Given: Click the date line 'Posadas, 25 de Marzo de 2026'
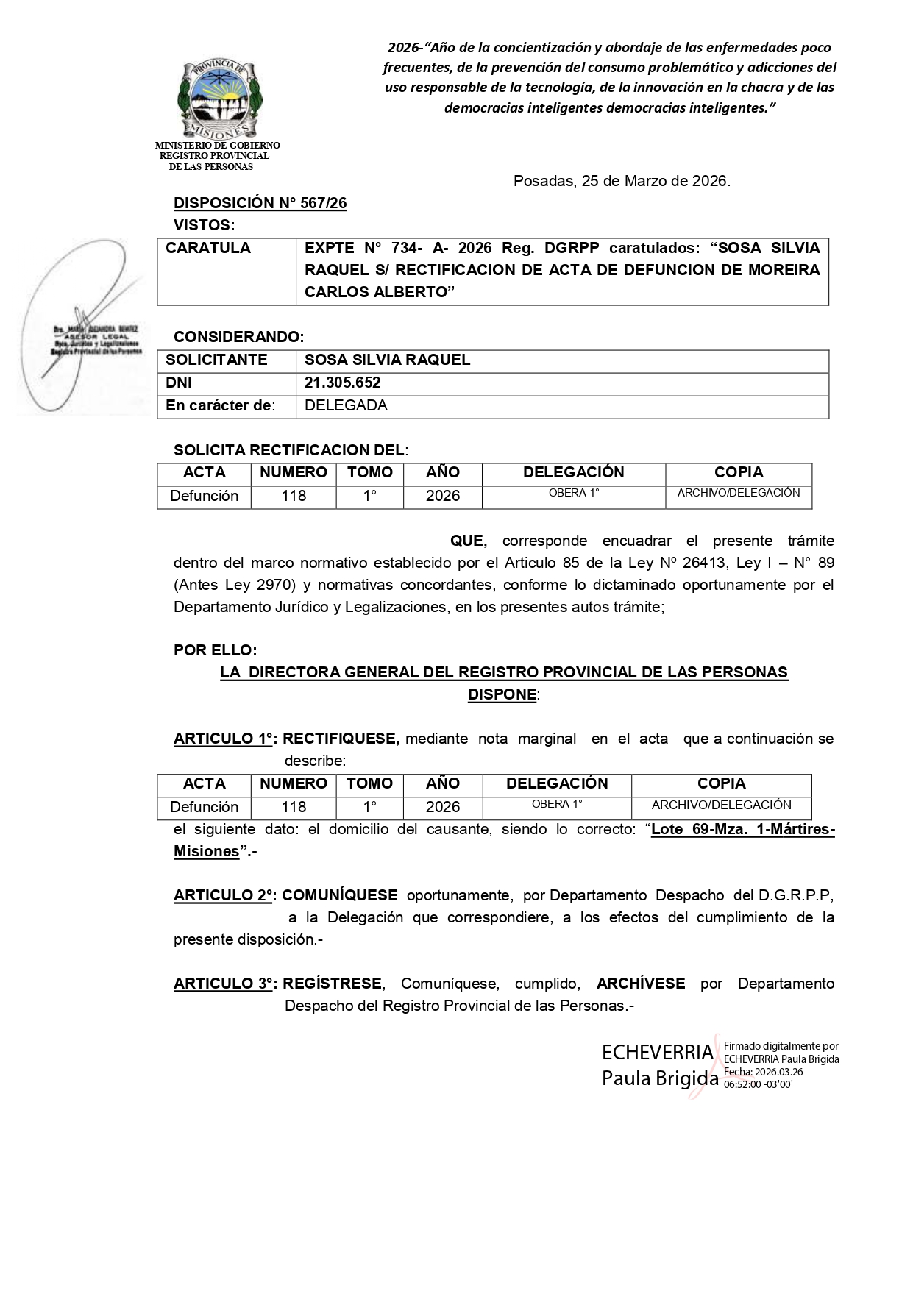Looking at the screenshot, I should (622, 181).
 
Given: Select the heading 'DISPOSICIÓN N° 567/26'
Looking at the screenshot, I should (260, 204).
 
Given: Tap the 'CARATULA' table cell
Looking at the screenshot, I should (208, 248).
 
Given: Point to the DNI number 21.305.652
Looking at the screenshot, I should (343, 383).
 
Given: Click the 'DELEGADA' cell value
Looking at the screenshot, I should (346, 405).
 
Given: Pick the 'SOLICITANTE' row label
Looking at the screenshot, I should (216, 360).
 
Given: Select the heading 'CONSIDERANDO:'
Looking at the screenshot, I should (238, 337).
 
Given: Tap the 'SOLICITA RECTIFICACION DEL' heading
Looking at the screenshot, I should (289, 450).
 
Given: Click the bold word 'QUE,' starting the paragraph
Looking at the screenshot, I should (469, 541).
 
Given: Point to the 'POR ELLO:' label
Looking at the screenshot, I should (216, 650).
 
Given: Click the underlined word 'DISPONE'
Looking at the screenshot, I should (502, 694).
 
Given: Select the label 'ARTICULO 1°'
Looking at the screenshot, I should (224, 739).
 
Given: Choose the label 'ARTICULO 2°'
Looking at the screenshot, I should (224, 895).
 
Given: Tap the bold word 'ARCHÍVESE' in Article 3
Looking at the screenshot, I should (641, 984).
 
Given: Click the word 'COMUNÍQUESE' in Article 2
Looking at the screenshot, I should (340, 895).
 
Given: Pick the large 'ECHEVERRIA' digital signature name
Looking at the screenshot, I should (657, 1052).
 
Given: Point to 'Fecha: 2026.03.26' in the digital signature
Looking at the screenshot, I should (763, 1072).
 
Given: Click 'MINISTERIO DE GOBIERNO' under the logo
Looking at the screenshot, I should (217, 146).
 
